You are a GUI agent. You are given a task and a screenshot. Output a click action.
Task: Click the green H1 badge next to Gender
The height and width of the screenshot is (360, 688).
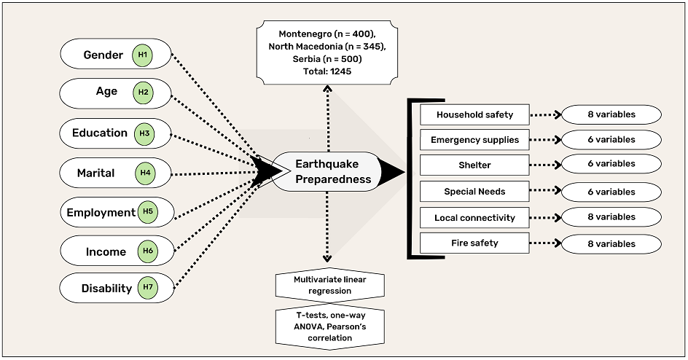144,55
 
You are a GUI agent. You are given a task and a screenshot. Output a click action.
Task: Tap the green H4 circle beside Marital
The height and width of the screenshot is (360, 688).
146,173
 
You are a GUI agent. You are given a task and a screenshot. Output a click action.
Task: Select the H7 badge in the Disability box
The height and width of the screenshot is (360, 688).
147,288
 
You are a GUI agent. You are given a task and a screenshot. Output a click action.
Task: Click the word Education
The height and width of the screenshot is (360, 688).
100,133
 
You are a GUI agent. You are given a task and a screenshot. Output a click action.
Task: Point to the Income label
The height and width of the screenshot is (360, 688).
106,251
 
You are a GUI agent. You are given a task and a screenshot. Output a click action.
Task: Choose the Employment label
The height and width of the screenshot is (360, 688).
101,213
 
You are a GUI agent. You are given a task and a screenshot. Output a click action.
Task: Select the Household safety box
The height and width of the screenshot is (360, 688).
474,114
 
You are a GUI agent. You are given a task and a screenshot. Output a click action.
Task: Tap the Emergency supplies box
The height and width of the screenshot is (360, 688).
474,140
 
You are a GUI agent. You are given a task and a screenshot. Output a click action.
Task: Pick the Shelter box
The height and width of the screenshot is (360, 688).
474,165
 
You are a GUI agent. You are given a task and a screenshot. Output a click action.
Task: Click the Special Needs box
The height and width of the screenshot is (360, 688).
474,192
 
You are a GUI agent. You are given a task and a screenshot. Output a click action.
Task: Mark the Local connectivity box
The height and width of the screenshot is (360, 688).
474,217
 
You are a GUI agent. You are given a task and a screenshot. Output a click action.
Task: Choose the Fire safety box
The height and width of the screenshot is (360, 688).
474,243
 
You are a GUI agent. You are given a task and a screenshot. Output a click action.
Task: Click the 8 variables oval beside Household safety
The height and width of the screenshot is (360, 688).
611,114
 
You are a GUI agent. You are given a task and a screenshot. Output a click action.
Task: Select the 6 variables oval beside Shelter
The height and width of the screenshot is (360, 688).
611,164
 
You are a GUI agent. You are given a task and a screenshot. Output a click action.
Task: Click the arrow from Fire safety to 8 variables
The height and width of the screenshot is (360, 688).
545,243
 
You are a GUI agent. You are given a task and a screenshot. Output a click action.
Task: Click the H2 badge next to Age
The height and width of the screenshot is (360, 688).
142,93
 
